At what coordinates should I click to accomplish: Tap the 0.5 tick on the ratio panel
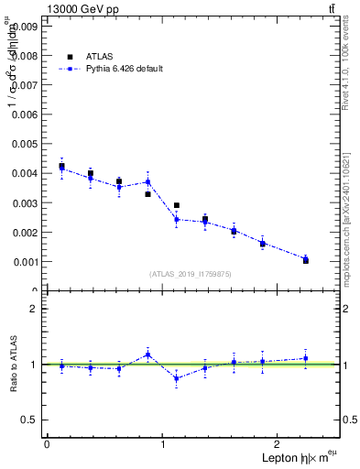pyautogui.click(x=28, y=420)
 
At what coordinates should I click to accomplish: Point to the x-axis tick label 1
pyautogui.click(x=163, y=444)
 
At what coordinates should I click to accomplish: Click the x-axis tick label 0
pyautogui.click(x=47, y=444)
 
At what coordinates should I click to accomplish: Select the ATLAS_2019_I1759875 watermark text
pyautogui.click(x=191, y=273)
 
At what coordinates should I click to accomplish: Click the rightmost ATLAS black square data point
pyautogui.click(x=305, y=260)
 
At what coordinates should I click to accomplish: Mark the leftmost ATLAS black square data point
pyautogui.click(x=61, y=166)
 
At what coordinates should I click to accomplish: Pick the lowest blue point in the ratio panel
pyautogui.click(x=176, y=378)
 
